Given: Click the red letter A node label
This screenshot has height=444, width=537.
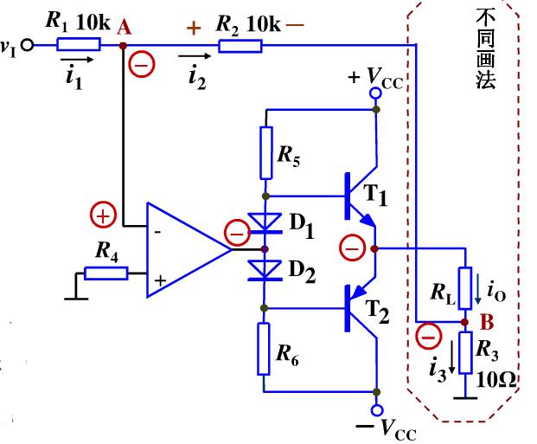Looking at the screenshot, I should (x=124, y=28).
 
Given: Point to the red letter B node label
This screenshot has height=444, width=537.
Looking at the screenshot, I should (x=486, y=323).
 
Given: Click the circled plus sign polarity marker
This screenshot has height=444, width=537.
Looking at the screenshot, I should (x=102, y=215).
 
